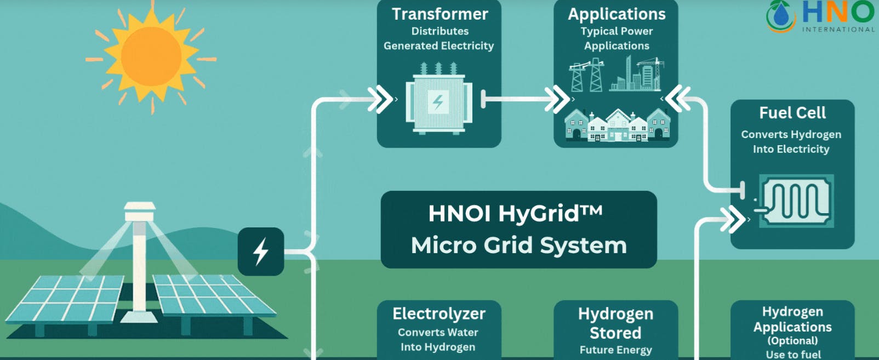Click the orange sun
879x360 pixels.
[x=151, y=56]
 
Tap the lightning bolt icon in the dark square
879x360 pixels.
[x=261, y=251]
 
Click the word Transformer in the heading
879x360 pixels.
[x=439, y=14]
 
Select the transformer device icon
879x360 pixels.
[x=438, y=100]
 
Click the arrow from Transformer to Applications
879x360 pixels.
[x=526, y=100]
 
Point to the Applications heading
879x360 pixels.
[x=617, y=14]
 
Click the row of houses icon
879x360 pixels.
[x=617, y=126]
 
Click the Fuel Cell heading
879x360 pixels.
[x=792, y=113]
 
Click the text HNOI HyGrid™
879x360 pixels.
[x=515, y=213]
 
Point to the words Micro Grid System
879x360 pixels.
[x=518, y=245]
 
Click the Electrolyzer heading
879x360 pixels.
[x=439, y=313]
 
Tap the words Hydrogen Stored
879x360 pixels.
[x=615, y=323]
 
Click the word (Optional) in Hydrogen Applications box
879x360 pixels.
[x=792, y=341]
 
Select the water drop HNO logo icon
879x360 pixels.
[x=781, y=16]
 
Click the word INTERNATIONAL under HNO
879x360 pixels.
[x=838, y=30]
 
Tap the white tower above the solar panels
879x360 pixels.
[x=140, y=258]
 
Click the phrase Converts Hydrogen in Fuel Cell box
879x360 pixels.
[x=791, y=134]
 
